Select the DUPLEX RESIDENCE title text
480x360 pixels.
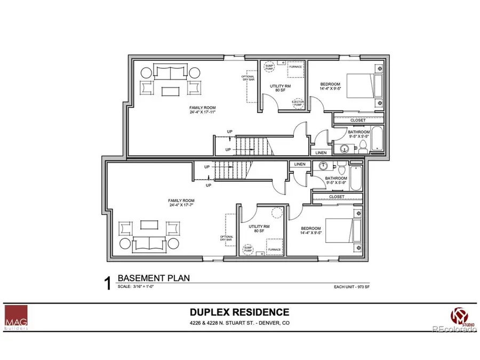239,312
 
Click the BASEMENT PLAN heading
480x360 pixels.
153,278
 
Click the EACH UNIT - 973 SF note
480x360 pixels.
348,287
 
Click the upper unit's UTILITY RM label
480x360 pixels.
279,87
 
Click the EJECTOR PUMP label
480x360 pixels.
297,103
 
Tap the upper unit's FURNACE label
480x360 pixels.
296,67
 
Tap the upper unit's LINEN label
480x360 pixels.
321,153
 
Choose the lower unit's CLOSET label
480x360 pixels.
337,197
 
